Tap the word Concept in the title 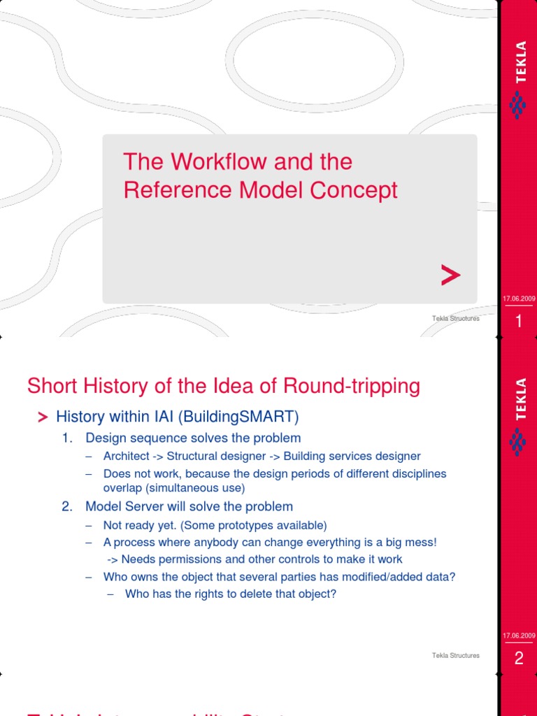click(359, 190)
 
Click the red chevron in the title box click(451, 276)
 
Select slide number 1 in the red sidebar click(519, 322)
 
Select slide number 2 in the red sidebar click(519, 658)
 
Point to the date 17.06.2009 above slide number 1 click(519, 299)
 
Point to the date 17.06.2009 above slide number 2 click(519, 636)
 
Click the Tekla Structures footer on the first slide click(456, 319)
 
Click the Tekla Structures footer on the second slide click(456, 655)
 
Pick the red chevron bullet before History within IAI click(43, 417)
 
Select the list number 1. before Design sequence click(67, 438)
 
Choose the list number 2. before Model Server click(67, 506)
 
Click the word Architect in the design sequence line click(126, 456)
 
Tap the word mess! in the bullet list click(421, 543)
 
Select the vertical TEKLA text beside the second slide click(520, 399)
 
